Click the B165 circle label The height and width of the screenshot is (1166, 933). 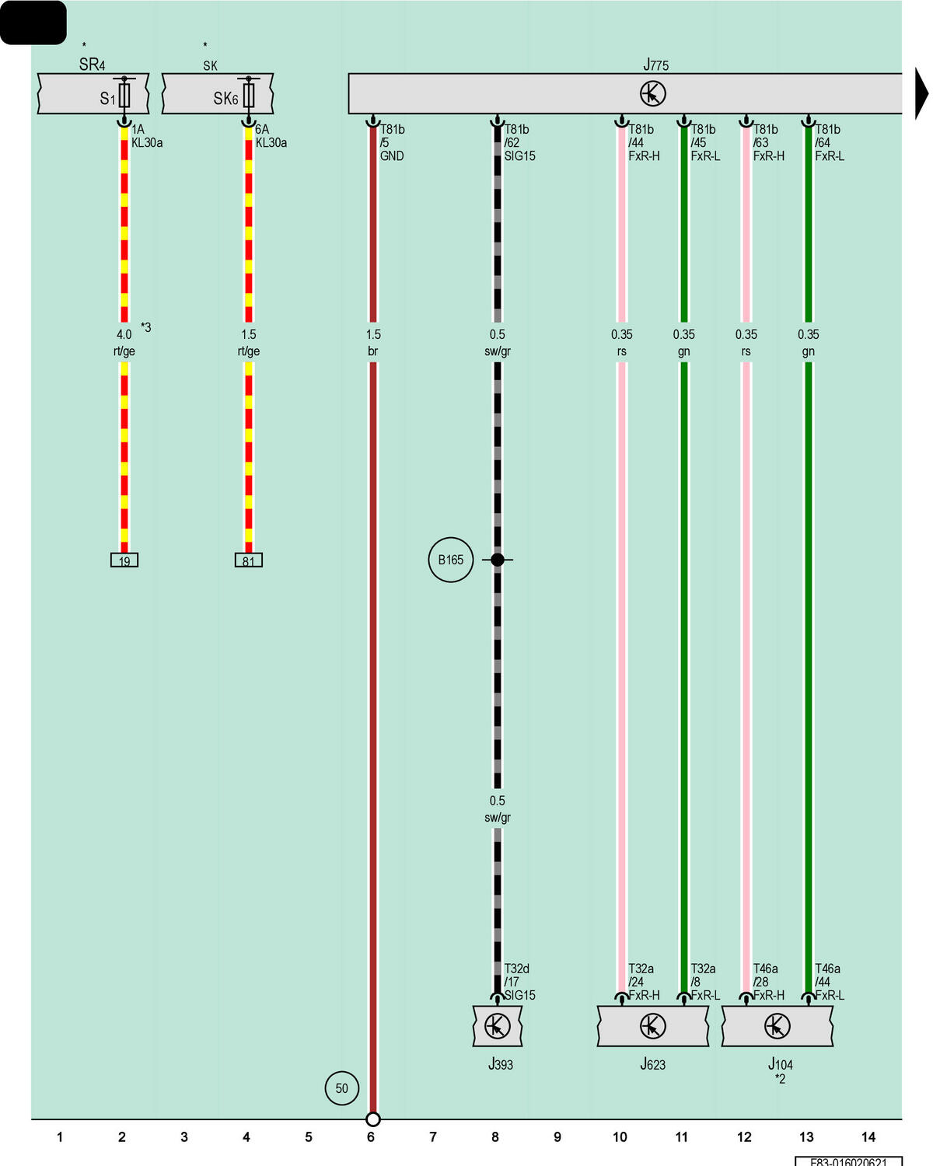tap(450, 560)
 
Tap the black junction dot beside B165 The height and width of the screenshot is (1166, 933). tap(497, 560)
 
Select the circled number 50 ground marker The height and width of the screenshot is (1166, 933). tap(341, 1088)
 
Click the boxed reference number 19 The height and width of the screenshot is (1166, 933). tap(124, 560)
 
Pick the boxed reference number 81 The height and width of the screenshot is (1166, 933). tap(248, 560)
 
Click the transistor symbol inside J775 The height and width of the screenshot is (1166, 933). tap(653, 93)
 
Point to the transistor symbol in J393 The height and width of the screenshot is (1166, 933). tap(497, 1026)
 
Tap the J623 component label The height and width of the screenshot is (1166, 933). tap(652, 1064)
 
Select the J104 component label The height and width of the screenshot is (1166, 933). tap(780, 1064)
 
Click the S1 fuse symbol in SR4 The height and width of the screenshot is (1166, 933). tap(124, 95)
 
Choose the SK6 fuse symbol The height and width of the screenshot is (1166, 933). tap(248, 95)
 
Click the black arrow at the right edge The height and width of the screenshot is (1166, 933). tap(921, 93)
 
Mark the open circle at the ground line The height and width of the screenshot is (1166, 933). tap(373, 1119)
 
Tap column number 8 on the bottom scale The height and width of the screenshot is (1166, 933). tap(495, 1137)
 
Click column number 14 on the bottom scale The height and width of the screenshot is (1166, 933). tap(868, 1137)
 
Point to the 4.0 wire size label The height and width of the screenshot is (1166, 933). tap(124, 334)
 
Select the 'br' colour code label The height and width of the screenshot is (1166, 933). tap(373, 351)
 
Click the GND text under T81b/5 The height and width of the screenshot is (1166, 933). tap(392, 156)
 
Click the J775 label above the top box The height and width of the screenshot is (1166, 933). tap(655, 65)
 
